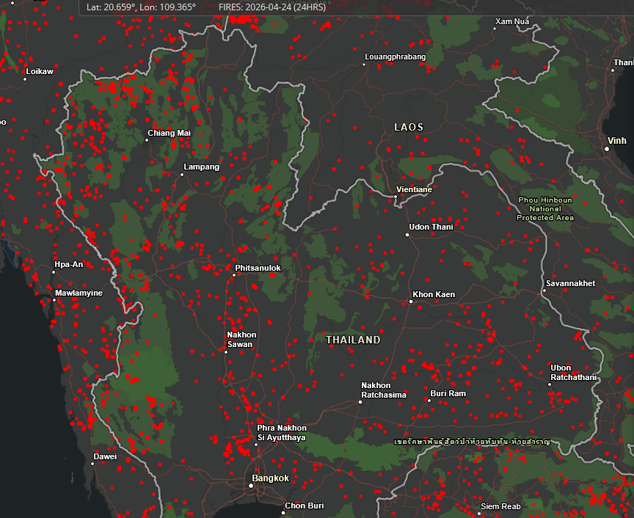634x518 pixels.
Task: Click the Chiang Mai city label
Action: [x=169, y=133]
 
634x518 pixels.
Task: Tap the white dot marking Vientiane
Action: [x=396, y=197]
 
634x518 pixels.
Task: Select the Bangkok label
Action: [x=270, y=478]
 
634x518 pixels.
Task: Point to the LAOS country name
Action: [x=409, y=127]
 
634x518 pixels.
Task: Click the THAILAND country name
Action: [x=353, y=340]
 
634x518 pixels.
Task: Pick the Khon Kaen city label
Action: [x=434, y=294]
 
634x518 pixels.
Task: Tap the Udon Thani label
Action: [x=431, y=227]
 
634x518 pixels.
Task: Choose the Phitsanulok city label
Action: [x=258, y=268]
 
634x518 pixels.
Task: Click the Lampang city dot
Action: [x=183, y=175]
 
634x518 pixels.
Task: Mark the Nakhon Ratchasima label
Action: [x=383, y=390]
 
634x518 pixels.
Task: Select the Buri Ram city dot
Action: [x=429, y=401]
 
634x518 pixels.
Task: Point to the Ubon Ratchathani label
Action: [x=573, y=373]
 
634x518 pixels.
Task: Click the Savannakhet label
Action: [x=570, y=283]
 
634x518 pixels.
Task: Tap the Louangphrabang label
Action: [x=395, y=56]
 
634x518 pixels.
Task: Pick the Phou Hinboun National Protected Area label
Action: [x=544, y=208]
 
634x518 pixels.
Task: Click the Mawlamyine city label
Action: [x=79, y=293]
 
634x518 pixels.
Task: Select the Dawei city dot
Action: [x=94, y=464]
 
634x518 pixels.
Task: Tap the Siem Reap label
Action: [x=500, y=506]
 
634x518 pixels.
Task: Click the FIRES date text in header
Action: [x=272, y=7]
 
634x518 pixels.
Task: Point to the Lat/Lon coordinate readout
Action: [x=141, y=7]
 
